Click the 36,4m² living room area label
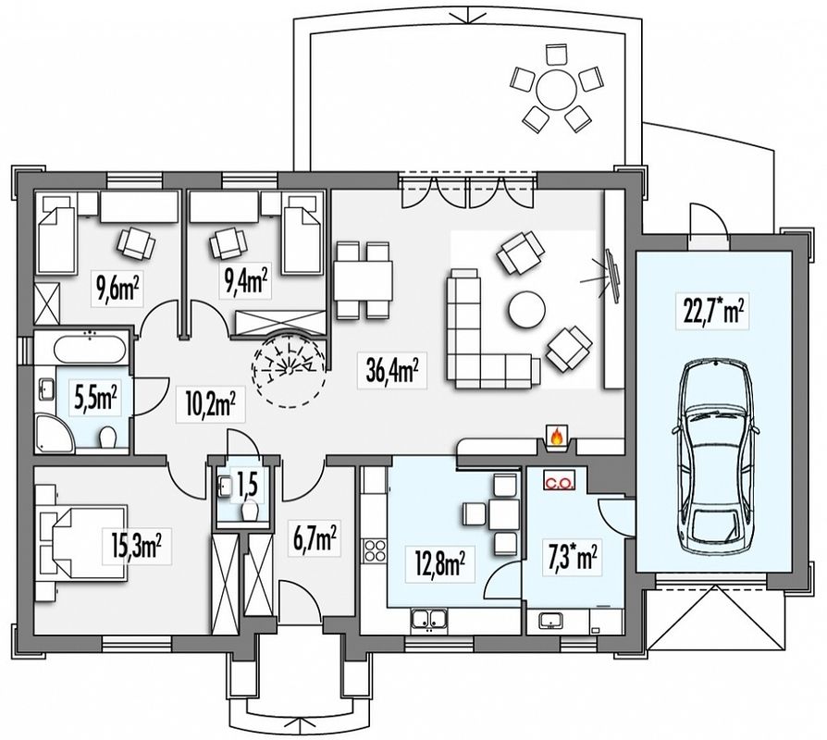click(x=392, y=370)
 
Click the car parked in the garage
click(x=715, y=457)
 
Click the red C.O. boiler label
click(x=559, y=482)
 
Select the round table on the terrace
click(x=556, y=90)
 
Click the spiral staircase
click(x=288, y=367)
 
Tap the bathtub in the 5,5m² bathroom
click(x=90, y=349)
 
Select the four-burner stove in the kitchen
click(x=375, y=550)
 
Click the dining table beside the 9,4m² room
click(x=363, y=280)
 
